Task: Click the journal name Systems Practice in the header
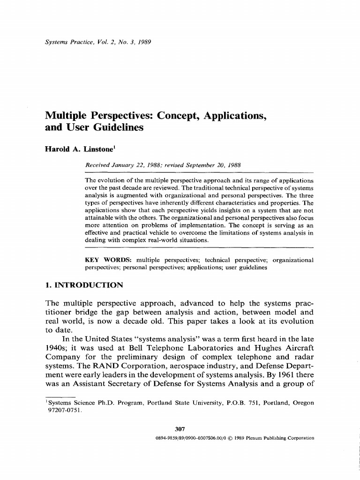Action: pyautogui.click(x=65, y=42)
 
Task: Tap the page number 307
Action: pyautogui.click(x=180, y=429)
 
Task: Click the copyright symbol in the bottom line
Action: pyautogui.click(x=228, y=438)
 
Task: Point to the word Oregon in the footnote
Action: pyautogui.click(x=303, y=402)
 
